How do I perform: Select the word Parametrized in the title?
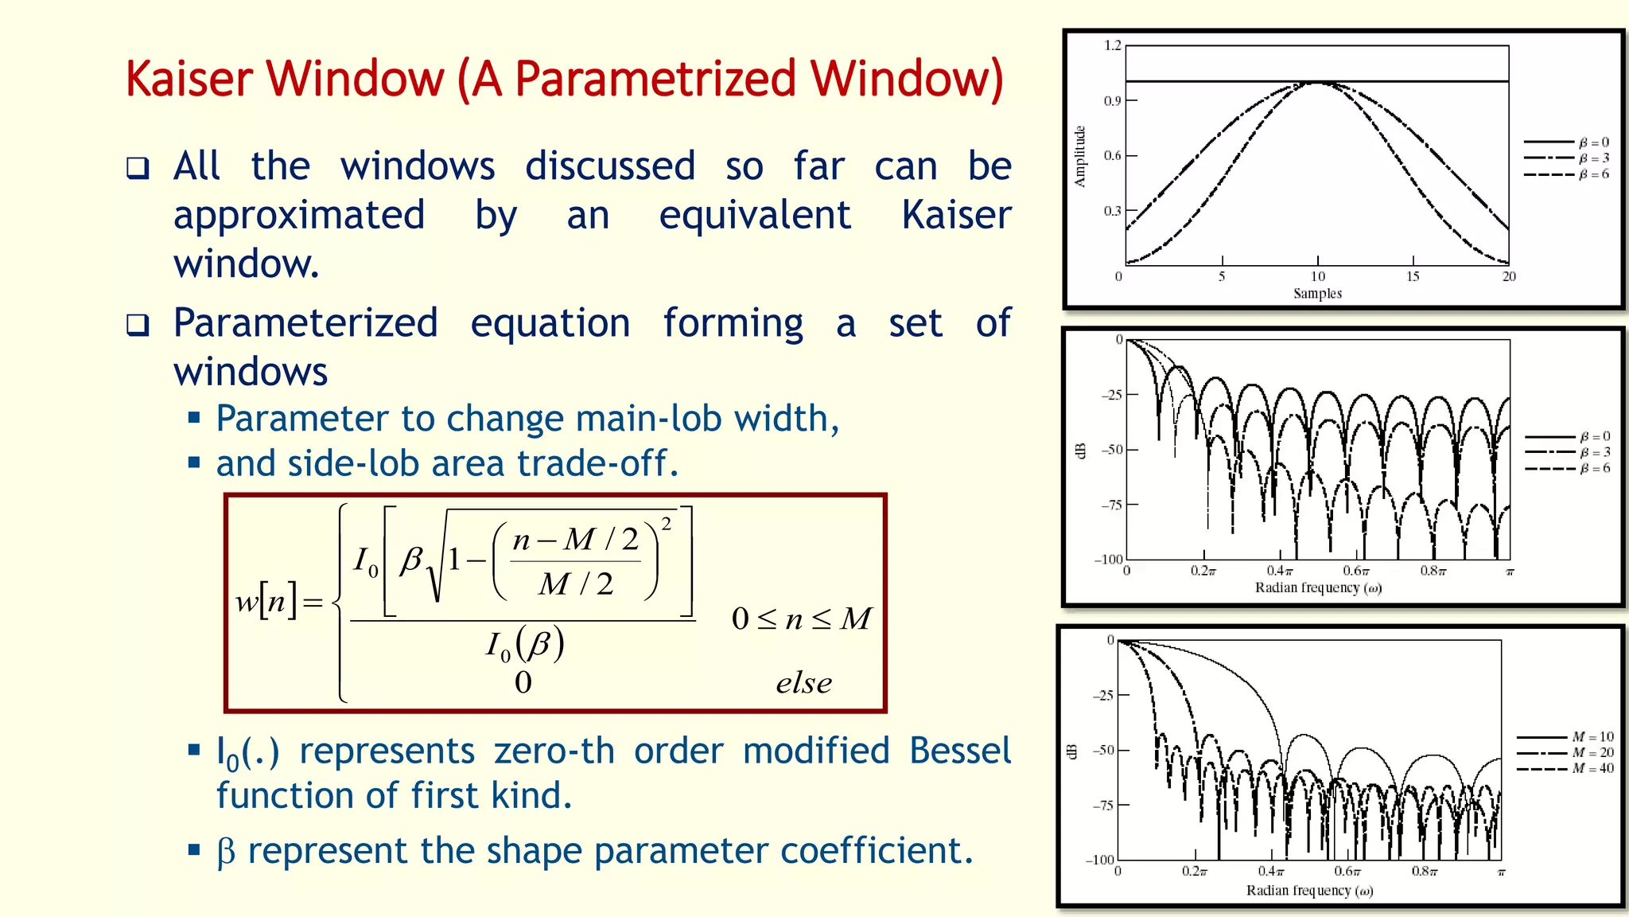tap(655, 80)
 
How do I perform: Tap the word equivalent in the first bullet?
tap(754, 216)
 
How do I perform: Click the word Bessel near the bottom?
tap(959, 751)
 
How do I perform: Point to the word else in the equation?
tap(803, 683)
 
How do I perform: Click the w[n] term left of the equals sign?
tap(266, 602)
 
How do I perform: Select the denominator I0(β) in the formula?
tap(525, 644)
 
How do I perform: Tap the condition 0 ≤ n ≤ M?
tap(801, 618)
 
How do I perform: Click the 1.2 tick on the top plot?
tap(1111, 45)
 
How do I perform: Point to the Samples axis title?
tap(1317, 293)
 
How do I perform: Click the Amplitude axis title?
tap(1079, 156)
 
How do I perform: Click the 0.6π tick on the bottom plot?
tap(1347, 872)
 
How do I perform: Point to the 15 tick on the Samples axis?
tap(1413, 276)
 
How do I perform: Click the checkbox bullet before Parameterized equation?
tap(138, 325)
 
